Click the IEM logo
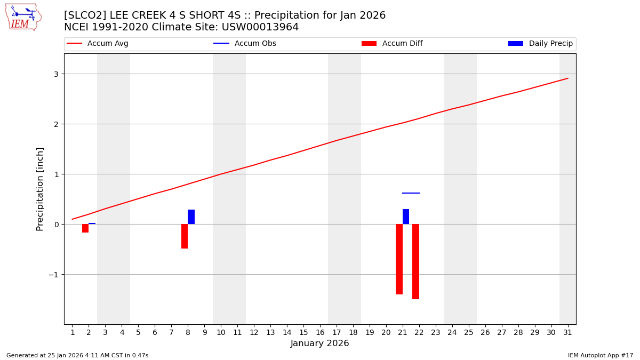click(x=23, y=17)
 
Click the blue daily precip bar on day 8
click(x=191, y=217)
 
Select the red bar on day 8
click(x=185, y=236)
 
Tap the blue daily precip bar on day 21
click(x=406, y=217)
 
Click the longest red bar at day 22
click(x=415, y=261)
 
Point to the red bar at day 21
click(x=399, y=259)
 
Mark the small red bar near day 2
click(x=85, y=228)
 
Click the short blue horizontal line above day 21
click(x=411, y=193)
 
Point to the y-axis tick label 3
click(x=55, y=74)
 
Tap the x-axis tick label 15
click(x=303, y=332)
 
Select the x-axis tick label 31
click(x=567, y=332)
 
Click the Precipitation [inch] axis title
click(x=40, y=189)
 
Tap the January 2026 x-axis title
click(x=319, y=343)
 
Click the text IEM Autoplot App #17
click(x=600, y=355)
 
